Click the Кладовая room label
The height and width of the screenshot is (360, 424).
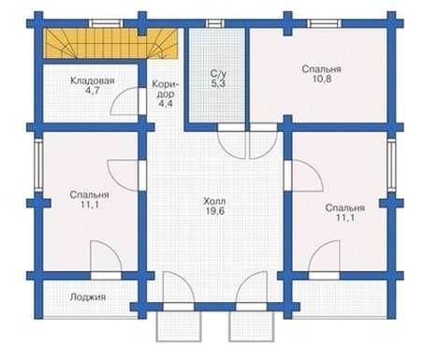pos(93,81)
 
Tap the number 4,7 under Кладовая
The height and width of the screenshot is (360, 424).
pos(93,91)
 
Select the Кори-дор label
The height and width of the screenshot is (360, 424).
pos(166,89)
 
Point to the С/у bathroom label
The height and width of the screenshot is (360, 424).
pos(218,74)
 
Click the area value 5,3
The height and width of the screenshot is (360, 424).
pos(218,83)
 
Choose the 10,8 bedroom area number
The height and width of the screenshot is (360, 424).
pos(322,79)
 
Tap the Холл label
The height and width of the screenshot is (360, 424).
pos(214,201)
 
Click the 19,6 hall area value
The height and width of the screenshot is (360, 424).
pos(214,211)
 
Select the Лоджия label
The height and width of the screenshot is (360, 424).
pos(88,297)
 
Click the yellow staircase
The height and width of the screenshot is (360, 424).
pos(110,44)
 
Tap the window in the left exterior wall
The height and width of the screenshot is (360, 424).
pos(38,165)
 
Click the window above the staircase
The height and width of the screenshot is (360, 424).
pos(106,23)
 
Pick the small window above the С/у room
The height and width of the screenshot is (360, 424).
pos(214,23)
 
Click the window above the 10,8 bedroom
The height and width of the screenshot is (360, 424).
pos(324,23)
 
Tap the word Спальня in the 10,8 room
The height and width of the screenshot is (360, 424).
pos(321,69)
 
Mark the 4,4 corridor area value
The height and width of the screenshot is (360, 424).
pos(166,104)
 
